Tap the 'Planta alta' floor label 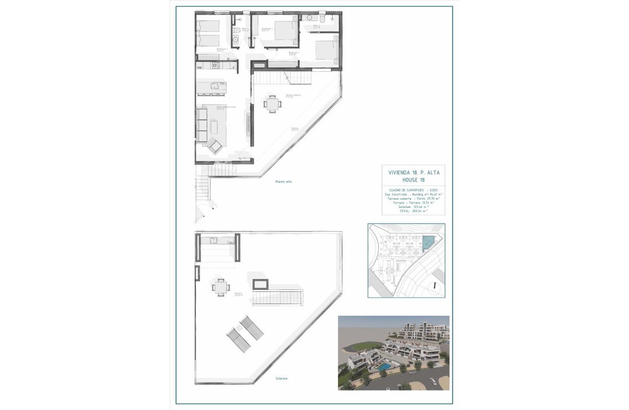[283, 182]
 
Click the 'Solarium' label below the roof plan [281, 378]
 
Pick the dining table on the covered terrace [272, 103]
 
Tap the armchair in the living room [215, 145]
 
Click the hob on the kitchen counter [216, 65]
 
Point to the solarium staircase [278, 297]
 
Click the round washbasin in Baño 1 [235, 41]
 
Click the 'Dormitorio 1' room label [294, 53]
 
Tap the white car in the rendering [432, 380]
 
